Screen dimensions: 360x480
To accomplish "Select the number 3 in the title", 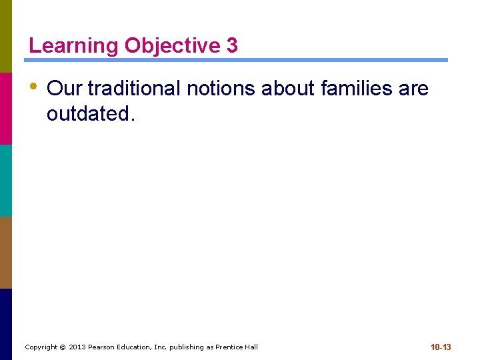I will [x=232, y=46].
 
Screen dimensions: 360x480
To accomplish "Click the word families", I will [x=359, y=88].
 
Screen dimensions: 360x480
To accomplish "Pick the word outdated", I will [x=91, y=114].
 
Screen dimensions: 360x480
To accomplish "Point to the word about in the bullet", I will [x=289, y=88].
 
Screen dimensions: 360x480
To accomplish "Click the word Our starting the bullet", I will [x=64, y=88].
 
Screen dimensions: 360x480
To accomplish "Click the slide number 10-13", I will [x=441, y=347].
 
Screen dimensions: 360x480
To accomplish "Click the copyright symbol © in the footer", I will [x=63, y=347].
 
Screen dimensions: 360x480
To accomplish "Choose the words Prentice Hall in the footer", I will [x=236, y=347].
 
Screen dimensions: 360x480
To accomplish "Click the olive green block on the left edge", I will [x=6, y=36].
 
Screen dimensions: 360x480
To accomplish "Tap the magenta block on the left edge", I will [x=6, y=108].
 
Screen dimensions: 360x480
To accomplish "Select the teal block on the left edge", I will [x=6, y=180].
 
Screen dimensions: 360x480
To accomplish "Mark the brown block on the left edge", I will [x=6, y=252].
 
